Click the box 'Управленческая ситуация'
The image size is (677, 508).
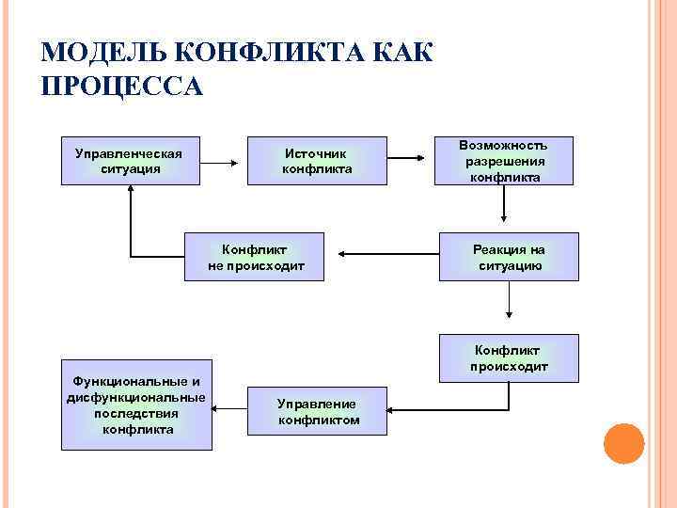pyautogui.click(x=130, y=161)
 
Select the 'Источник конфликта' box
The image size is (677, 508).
pyautogui.click(x=317, y=161)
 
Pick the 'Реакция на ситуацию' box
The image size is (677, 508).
pyautogui.click(x=509, y=257)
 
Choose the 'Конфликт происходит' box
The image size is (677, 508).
pyautogui.click(x=509, y=357)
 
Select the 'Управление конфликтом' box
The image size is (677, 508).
pyautogui.click(x=317, y=412)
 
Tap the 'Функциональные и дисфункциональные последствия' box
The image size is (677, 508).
pyautogui.click(x=135, y=405)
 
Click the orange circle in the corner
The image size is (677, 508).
pyautogui.click(x=622, y=443)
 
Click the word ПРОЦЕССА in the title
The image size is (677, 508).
pyautogui.click(x=122, y=86)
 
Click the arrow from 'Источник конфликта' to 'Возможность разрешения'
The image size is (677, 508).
pyautogui.click(x=410, y=162)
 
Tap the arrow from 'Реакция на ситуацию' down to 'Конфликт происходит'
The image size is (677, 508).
pyautogui.click(x=509, y=307)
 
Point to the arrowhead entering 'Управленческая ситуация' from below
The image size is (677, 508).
pyautogui.click(x=131, y=191)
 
